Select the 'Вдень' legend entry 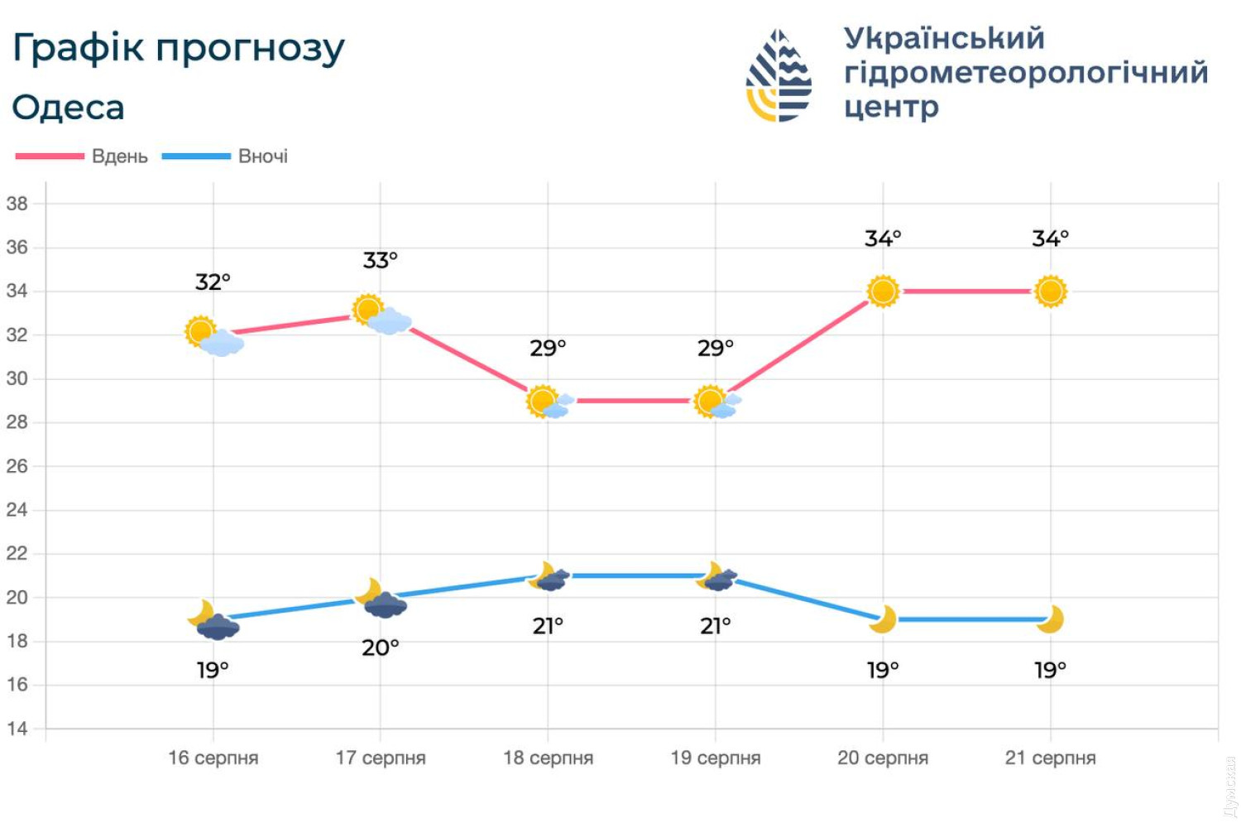119,156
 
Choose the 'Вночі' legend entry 262,156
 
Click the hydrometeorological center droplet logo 779,76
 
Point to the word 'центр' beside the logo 891,108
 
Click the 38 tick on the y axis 17,204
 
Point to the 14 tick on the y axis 17,729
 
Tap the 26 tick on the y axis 17,466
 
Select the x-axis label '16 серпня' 213,758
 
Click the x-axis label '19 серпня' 716,758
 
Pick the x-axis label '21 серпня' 1050,758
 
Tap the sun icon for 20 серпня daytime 883,291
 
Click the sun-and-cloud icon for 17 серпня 381,315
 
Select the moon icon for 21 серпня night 1050,619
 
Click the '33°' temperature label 381,261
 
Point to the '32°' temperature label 213,282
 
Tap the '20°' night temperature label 381,647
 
